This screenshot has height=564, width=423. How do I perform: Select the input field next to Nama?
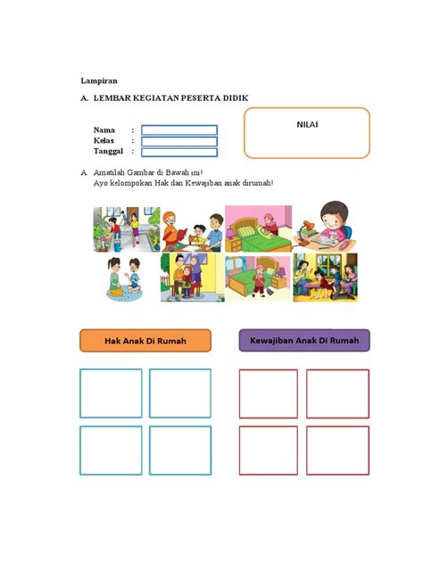[x=178, y=129]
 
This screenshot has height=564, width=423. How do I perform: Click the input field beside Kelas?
[x=178, y=140]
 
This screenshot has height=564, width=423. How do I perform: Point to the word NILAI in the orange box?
[x=307, y=124]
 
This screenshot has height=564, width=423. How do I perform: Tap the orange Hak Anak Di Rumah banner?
[x=145, y=340]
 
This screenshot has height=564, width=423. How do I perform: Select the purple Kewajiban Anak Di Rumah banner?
[x=304, y=340]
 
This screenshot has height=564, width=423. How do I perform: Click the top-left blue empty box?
[x=111, y=393]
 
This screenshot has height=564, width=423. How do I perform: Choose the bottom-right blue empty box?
[x=179, y=451]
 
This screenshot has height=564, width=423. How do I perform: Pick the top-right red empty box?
[x=338, y=393]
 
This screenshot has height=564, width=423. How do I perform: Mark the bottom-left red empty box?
[x=269, y=451]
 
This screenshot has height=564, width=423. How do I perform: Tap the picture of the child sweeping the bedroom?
[x=258, y=278]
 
